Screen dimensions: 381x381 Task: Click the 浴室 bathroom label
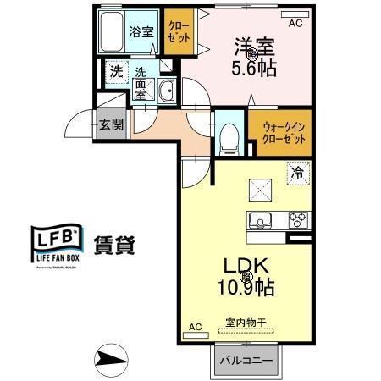pyautogui.click(x=141, y=32)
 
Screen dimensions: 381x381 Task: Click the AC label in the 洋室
pyautogui.click(x=295, y=24)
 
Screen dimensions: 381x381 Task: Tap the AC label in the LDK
pyautogui.click(x=194, y=326)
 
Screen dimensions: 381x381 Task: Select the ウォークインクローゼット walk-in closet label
pyautogui.click(x=279, y=132)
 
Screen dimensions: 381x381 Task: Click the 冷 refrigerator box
pyautogui.click(x=297, y=174)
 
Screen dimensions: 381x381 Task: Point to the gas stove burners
pyautogui.click(x=297, y=221)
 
